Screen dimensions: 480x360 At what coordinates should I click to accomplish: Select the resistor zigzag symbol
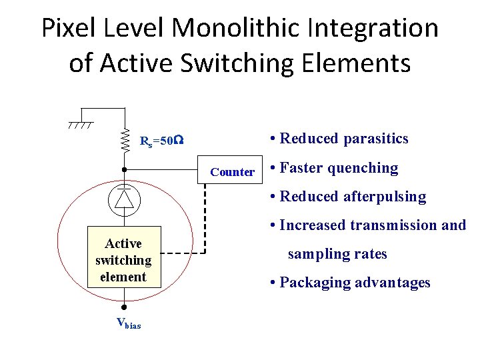[x=125, y=141]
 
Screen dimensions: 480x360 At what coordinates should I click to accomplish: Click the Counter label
[x=232, y=172]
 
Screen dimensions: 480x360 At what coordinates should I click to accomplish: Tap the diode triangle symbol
[x=124, y=198]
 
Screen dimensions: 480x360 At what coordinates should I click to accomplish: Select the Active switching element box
[x=124, y=260]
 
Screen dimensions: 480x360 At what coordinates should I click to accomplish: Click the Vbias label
[x=128, y=324]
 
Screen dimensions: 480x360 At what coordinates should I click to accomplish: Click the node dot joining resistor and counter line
[x=124, y=170]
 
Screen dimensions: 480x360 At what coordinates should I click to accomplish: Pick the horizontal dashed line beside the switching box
[x=183, y=253]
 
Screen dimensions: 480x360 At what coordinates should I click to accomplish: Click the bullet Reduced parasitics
[x=339, y=139]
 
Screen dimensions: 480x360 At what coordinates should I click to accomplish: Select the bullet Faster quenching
[x=333, y=168]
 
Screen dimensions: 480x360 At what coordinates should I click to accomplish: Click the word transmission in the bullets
[x=394, y=225]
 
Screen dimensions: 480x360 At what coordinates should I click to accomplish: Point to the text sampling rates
[x=337, y=254]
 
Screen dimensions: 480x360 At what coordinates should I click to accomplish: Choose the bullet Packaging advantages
[x=350, y=283]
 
